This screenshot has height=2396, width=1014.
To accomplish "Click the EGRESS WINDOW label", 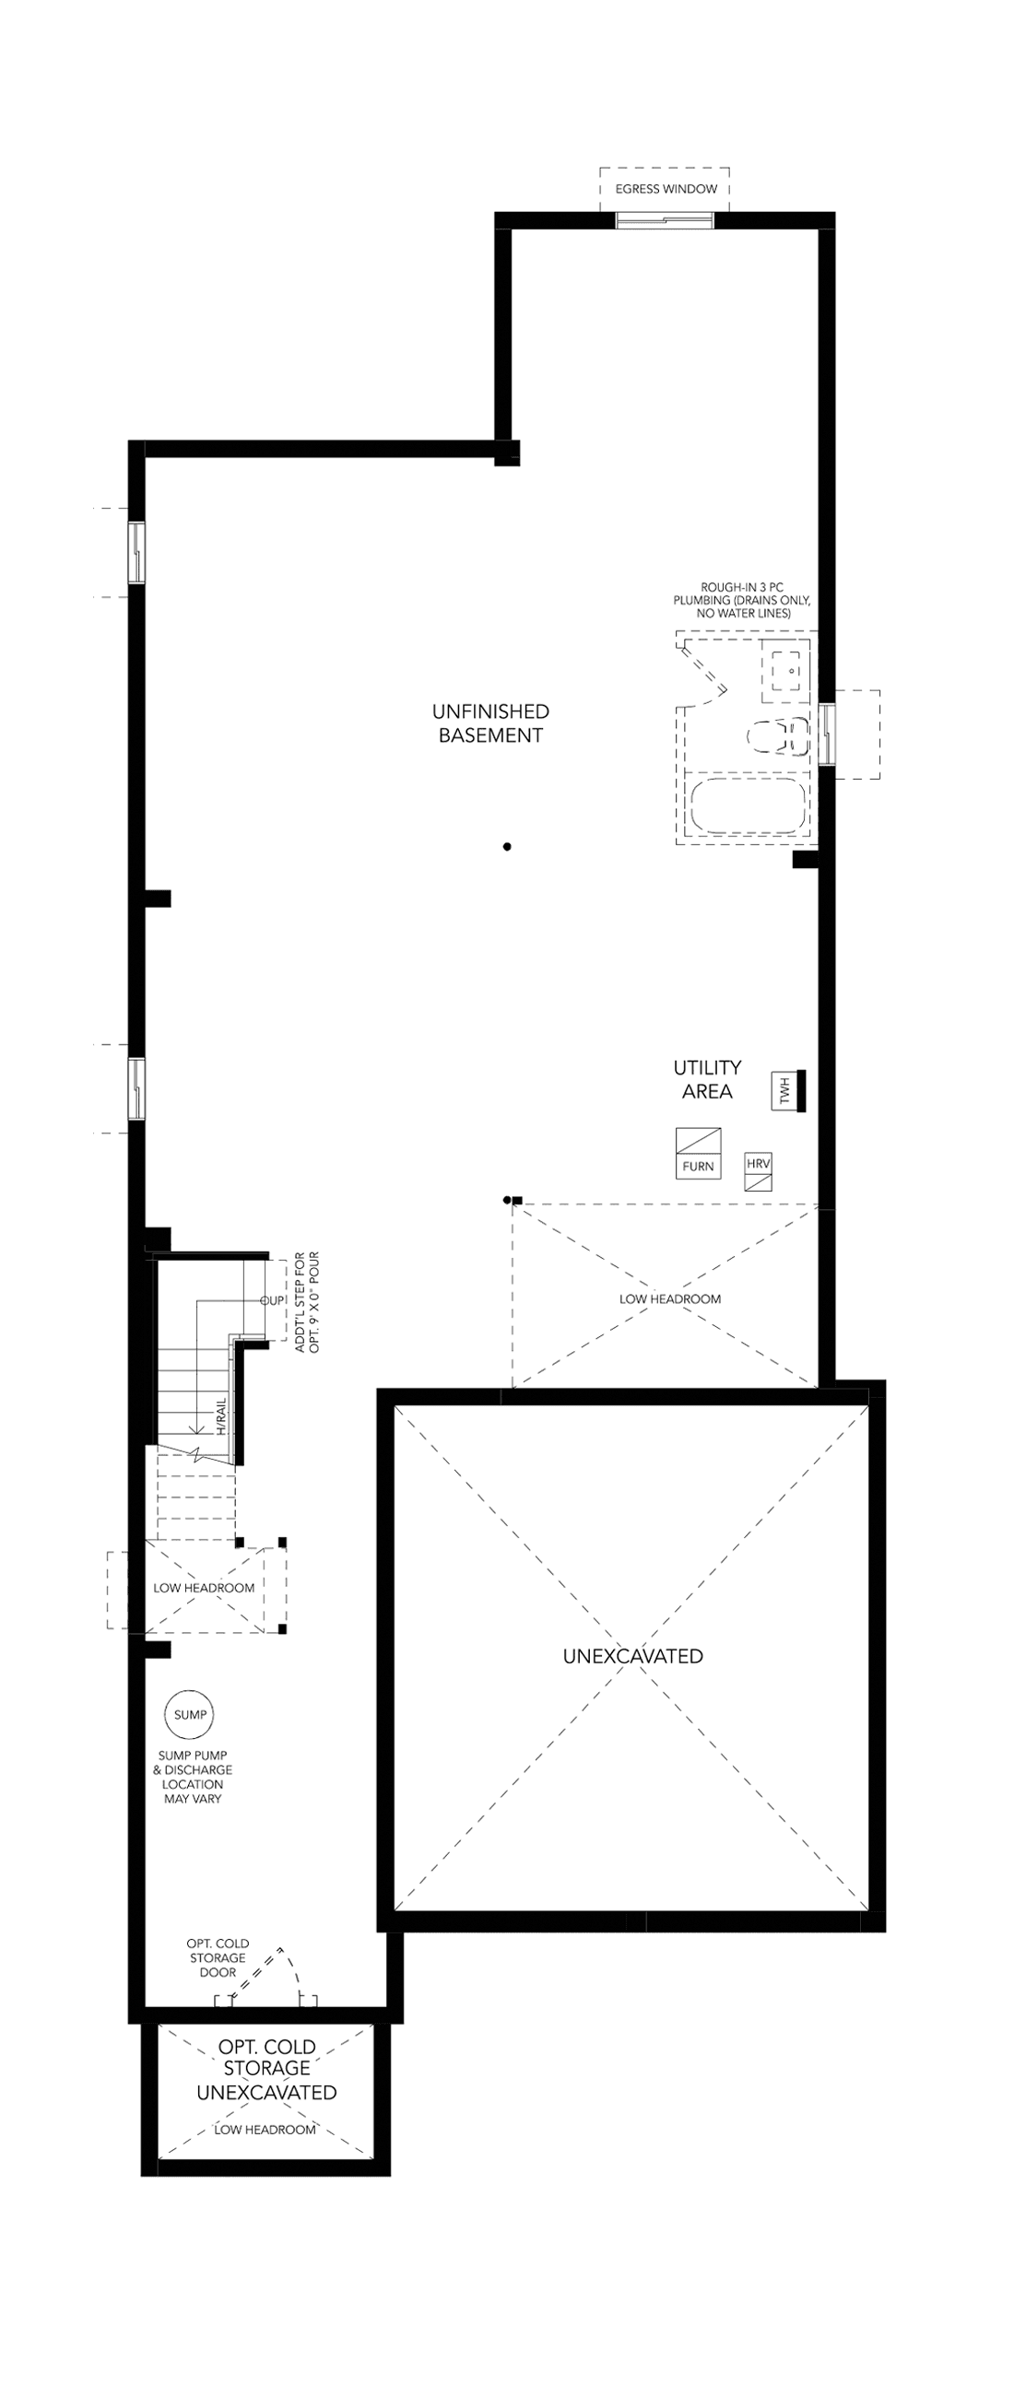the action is pos(666,189).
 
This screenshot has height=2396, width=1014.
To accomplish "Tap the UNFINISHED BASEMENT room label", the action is pos(490,722).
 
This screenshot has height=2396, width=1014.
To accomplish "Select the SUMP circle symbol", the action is pos(191,1714).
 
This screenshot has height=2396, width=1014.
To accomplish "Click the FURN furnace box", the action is pos(698,1154).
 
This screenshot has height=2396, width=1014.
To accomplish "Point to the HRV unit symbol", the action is pos(758,1172).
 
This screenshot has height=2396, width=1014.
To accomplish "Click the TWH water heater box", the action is pos(784,1090).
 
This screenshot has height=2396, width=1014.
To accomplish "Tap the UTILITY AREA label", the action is pos(707,1079).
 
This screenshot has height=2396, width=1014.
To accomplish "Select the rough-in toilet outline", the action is pos(779,738).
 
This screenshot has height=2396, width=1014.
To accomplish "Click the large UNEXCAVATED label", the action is pos(632,1656).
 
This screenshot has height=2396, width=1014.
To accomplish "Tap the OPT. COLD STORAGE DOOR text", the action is pos(218,1958).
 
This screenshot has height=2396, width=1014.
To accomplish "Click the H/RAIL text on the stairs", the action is pos(221,1415).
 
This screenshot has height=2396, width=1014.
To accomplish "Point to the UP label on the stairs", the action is pos(274,1300).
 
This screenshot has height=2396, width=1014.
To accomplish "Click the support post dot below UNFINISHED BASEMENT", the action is pos(507,846).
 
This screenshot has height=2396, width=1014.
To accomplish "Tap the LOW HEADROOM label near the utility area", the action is pos(670,1298).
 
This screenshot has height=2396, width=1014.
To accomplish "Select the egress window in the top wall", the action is pos(665,220).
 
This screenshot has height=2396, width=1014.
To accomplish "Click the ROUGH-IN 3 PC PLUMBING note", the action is pos(742,600).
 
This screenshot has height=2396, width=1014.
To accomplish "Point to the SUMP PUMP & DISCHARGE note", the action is pos(193,1777).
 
